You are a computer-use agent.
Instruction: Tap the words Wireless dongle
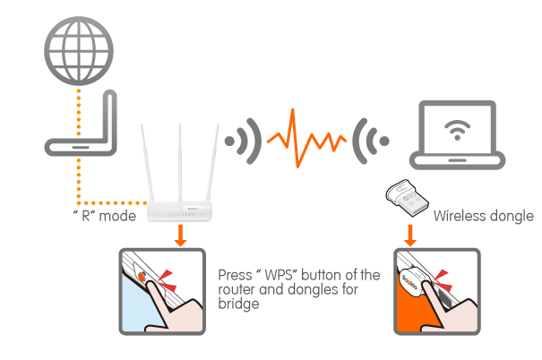[x=482, y=216]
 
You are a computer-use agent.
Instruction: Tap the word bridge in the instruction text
[x=239, y=304]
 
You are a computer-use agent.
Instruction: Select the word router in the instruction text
[x=237, y=290]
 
